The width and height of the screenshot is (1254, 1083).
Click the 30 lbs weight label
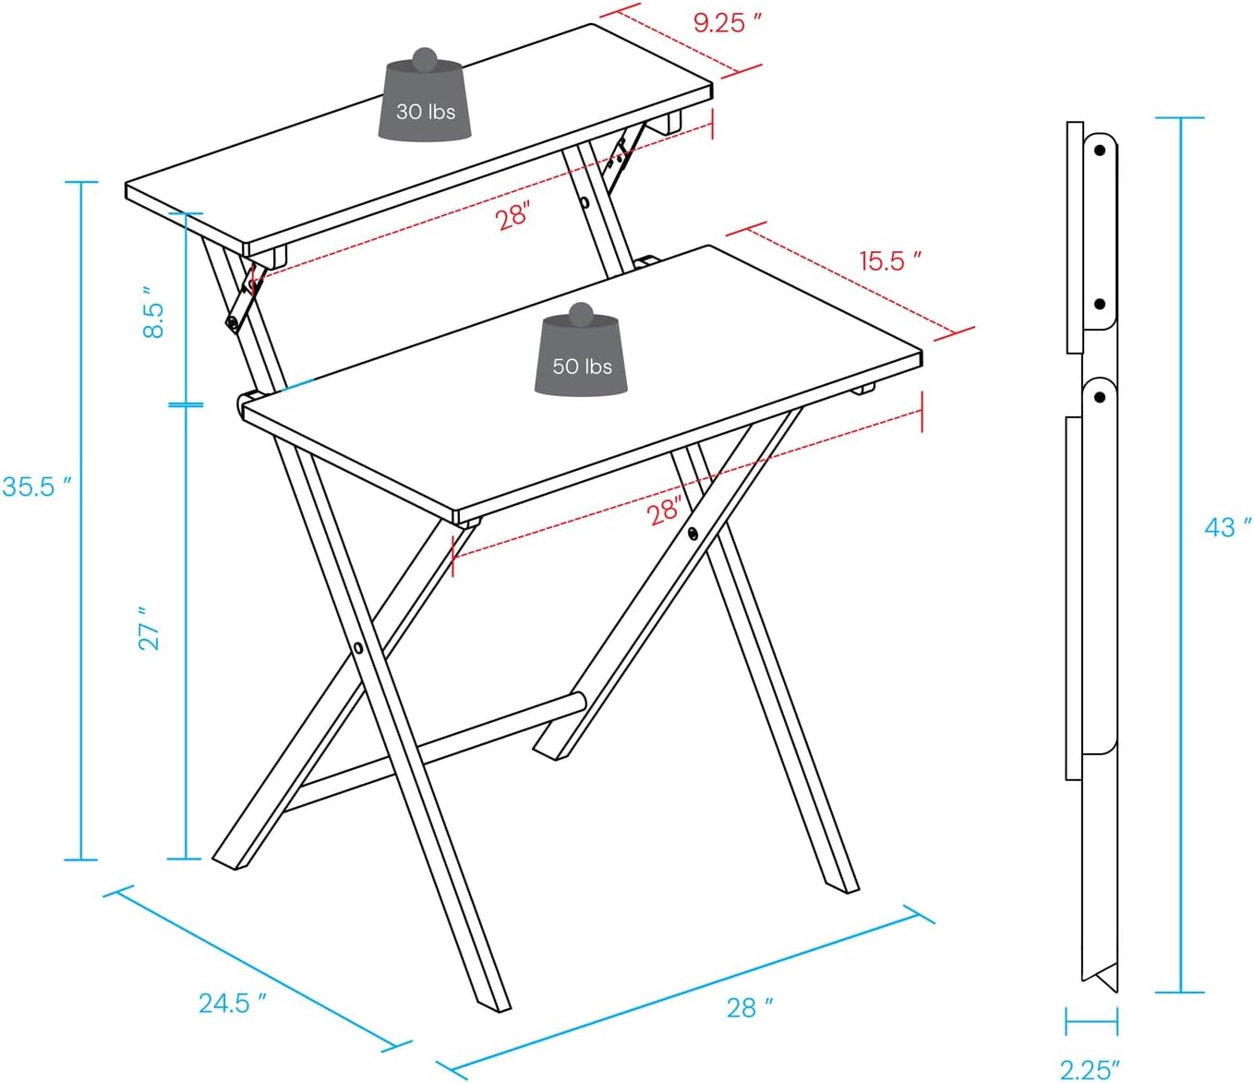point(426,112)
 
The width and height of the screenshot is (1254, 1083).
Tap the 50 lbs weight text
point(582,367)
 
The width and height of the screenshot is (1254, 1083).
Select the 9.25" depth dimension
point(727,22)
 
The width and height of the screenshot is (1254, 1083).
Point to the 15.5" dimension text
point(889,261)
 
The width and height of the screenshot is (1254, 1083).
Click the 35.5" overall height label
point(36,487)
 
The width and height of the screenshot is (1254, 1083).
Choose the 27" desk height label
point(149,629)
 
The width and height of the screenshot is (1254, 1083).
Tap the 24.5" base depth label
point(232,1003)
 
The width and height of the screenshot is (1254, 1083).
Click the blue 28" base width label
point(749,1007)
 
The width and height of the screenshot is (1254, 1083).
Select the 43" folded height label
point(1227,527)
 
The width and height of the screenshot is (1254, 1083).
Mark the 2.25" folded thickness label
point(1090,1069)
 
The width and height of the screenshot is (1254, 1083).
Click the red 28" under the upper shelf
point(512,216)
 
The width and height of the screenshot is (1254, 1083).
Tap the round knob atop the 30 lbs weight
point(425,60)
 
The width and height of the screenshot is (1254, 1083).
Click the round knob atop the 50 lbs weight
point(581,315)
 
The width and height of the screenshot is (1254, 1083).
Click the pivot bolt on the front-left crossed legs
point(358,648)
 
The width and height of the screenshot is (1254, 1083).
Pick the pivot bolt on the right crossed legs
point(692,533)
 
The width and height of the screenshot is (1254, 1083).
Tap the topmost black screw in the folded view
point(1100,150)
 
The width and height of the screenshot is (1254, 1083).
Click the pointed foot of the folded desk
point(1103,979)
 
